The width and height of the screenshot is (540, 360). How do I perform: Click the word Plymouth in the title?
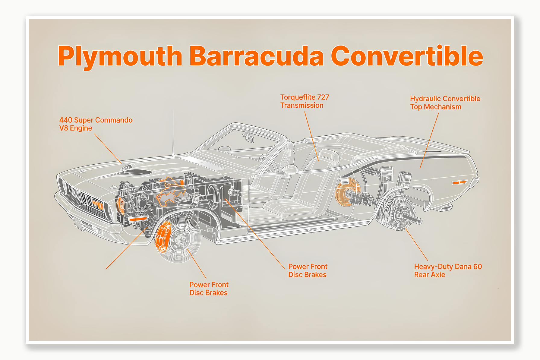tap(120, 56)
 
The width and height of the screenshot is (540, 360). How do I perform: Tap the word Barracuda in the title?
tap(256, 56)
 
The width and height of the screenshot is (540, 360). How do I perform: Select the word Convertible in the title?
tap(407, 56)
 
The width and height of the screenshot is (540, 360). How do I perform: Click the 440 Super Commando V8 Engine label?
tap(96, 124)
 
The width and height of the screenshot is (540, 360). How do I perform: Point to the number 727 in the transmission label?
tap(323, 97)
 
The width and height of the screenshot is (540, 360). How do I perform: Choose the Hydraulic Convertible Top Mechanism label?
tap(445, 103)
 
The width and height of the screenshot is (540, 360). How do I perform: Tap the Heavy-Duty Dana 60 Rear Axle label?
tap(447, 270)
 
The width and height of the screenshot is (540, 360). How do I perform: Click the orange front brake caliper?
tap(163, 237)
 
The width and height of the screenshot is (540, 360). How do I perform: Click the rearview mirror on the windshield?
tap(250, 139)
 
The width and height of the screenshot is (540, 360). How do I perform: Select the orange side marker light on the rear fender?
tap(459, 182)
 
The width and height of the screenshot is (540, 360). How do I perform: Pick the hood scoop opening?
tap(137, 172)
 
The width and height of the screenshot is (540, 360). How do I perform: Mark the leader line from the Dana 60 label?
tap(416, 244)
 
